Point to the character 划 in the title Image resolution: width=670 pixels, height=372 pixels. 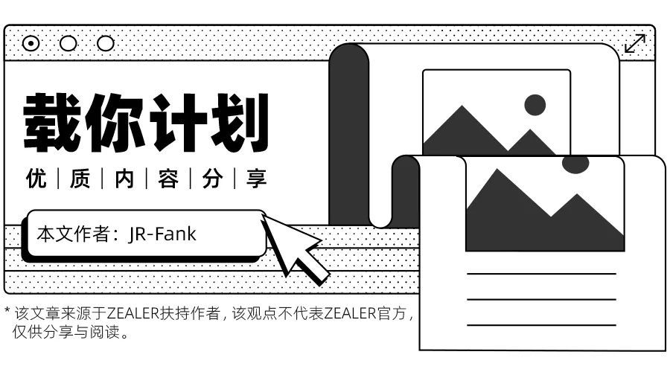[x=237, y=122]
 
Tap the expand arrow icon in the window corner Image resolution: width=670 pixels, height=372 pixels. [x=635, y=44]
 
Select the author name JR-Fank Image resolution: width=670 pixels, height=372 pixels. [x=162, y=234]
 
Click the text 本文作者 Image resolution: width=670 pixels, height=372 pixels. [x=72, y=234]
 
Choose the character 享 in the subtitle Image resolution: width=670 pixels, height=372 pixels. [x=256, y=179]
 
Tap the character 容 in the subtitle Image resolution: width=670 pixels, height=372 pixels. [x=168, y=179]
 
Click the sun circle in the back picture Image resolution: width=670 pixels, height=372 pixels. [x=535, y=105]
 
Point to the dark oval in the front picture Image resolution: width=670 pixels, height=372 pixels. [x=575, y=164]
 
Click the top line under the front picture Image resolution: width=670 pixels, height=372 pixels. [x=541, y=274]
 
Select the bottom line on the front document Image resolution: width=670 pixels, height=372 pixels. [x=541, y=325]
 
